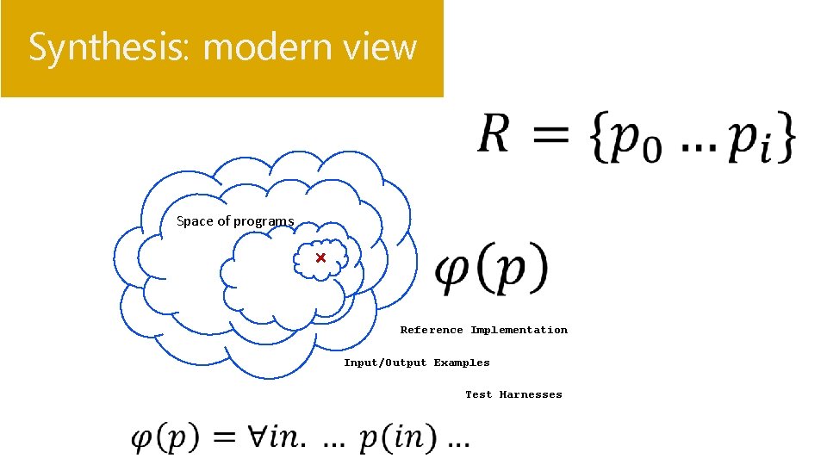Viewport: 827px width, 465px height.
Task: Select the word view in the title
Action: point(382,47)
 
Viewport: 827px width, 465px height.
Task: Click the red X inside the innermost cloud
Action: point(320,257)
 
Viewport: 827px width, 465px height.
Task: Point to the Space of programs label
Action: point(235,221)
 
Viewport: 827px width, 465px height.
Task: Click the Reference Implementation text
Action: point(484,330)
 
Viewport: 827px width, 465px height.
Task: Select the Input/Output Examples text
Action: point(417,363)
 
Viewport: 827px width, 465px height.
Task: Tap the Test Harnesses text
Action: point(513,394)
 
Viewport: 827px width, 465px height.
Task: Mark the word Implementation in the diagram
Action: point(519,330)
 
